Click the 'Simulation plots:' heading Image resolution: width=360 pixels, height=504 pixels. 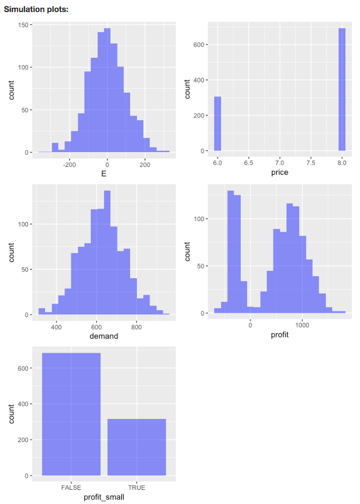[36, 9]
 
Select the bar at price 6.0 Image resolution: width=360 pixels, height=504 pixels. [217, 123]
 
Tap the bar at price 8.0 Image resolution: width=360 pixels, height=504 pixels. [342, 89]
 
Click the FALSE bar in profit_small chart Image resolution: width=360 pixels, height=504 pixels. [71, 414]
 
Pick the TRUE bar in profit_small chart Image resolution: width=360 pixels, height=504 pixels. [136, 447]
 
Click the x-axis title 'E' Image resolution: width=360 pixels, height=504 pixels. [103, 174]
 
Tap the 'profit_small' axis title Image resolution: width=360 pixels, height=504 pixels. [103, 497]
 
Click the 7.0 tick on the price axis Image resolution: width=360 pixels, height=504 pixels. [280, 164]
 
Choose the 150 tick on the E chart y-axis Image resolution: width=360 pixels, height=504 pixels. [23, 25]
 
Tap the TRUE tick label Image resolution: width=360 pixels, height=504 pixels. [136, 488]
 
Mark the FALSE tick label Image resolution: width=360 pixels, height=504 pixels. [71, 488]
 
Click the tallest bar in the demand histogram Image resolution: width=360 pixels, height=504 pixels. [107, 252]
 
